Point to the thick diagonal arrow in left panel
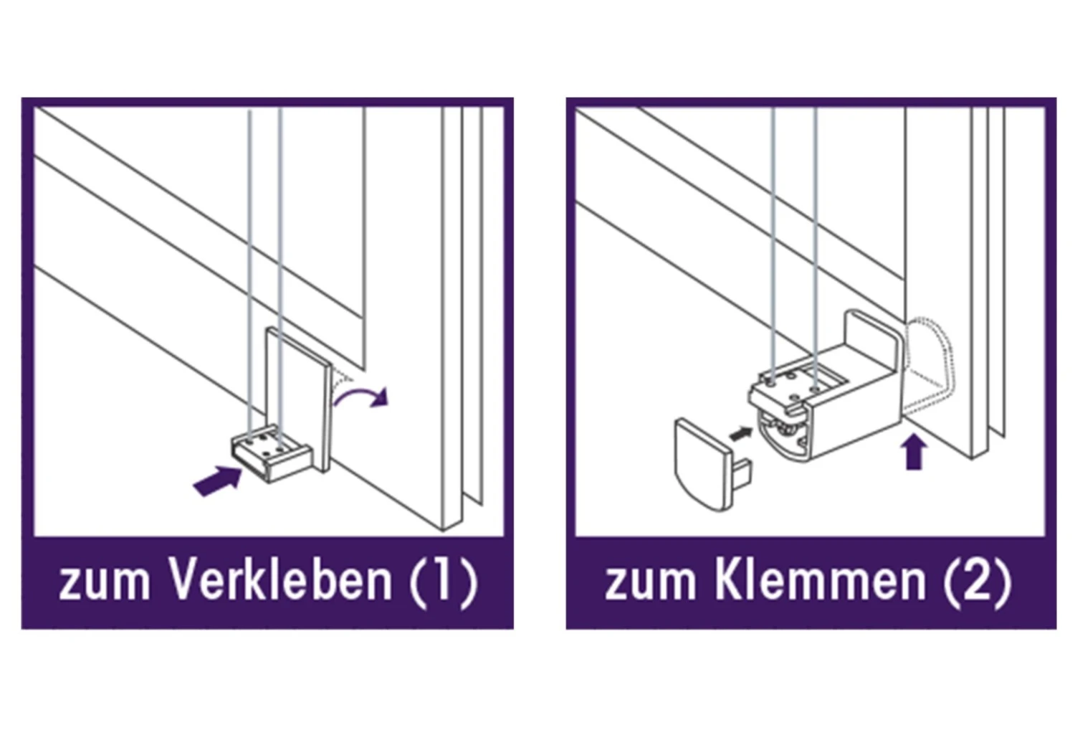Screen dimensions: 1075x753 coord(217,480)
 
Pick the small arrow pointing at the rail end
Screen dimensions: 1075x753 coord(740,434)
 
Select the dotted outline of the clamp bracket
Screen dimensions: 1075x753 coord(929,365)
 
